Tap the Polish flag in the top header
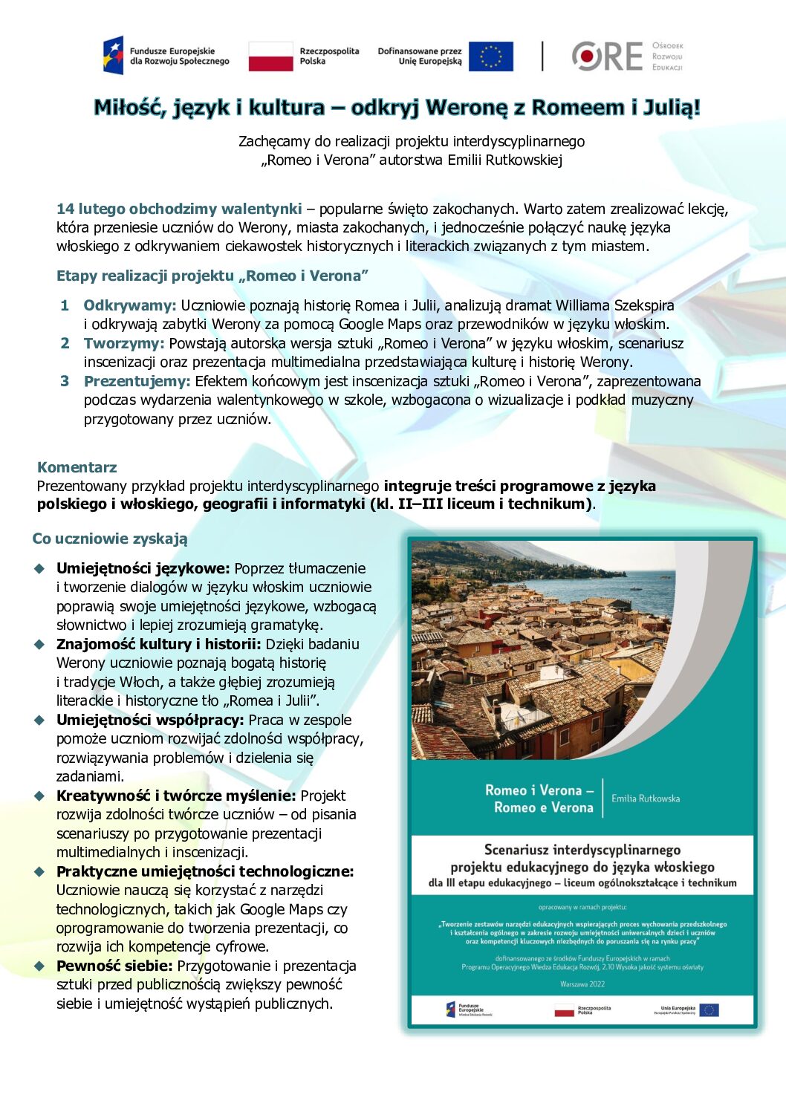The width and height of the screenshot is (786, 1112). click(x=270, y=56)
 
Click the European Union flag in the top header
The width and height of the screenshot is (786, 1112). click(x=490, y=56)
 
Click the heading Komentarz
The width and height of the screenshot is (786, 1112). click(x=77, y=467)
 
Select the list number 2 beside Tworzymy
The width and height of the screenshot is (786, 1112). click(x=65, y=343)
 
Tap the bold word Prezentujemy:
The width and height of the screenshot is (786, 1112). click(x=137, y=381)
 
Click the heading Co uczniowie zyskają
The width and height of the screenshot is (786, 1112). click(x=110, y=539)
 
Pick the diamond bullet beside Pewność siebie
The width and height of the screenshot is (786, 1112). click(x=39, y=966)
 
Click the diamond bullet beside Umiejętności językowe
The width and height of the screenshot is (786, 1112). click(x=39, y=568)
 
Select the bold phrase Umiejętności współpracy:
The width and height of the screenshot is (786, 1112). click(x=150, y=720)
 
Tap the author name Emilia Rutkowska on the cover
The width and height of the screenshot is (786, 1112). click(x=645, y=799)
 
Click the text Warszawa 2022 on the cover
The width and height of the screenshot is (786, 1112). click(x=582, y=984)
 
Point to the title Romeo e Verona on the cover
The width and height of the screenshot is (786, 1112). click(x=543, y=807)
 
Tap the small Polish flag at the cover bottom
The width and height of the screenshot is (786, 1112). click(x=564, y=1010)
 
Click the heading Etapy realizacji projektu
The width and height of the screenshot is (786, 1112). click(x=145, y=276)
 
